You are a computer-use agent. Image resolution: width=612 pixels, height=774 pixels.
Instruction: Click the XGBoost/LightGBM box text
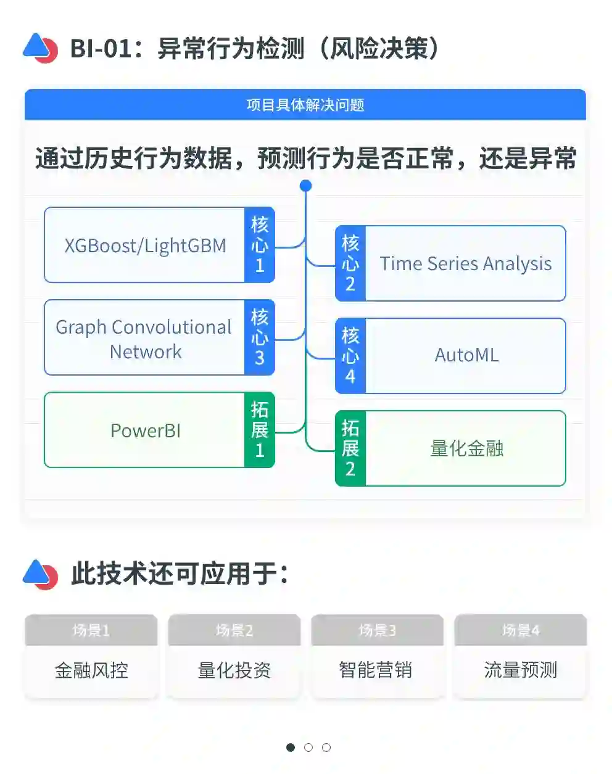click(145, 245)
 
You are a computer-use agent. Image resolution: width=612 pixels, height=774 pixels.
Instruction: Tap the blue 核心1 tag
click(260, 245)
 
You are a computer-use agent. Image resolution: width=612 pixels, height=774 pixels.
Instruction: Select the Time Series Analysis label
click(465, 263)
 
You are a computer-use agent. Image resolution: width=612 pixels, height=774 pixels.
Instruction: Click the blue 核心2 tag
click(350, 263)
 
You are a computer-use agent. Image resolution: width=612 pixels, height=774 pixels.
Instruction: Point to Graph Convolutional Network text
click(144, 339)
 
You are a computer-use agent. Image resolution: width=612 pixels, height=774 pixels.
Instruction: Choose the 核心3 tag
click(260, 337)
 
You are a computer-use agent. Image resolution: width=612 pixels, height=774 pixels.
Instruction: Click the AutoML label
click(466, 355)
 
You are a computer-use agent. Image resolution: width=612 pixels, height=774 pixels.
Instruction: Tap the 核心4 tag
click(350, 356)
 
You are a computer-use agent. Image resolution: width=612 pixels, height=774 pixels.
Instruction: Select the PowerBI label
click(146, 430)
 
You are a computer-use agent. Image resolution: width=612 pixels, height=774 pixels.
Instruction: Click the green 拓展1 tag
click(260, 430)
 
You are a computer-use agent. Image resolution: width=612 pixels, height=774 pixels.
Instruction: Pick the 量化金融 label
click(466, 448)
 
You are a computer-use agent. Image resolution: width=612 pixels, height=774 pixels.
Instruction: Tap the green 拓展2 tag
click(350, 448)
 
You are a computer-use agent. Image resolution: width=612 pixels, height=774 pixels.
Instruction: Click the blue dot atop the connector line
click(305, 185)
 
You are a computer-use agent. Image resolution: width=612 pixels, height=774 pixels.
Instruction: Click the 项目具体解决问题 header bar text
click(305, 105)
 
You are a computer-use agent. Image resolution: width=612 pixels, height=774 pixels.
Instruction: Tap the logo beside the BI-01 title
click(40, 48)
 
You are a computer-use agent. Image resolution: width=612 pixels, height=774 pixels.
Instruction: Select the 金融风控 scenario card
click(91, 670)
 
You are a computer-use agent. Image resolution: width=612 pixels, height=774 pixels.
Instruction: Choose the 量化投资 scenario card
click(234, 670)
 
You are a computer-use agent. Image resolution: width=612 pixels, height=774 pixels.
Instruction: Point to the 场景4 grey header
click(520, 630)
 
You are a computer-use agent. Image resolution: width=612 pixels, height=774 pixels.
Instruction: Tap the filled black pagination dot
click(291, 747)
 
